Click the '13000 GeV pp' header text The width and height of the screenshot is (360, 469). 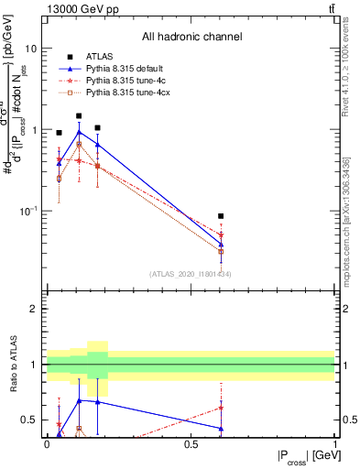tap(78, 9)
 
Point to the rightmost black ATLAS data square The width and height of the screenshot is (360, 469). tap(221, 216)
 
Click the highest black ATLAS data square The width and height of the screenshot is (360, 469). tap(79, 116)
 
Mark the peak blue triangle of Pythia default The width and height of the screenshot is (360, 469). tap(79, 132)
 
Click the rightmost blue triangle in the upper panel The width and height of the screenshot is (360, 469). tap(221, 244)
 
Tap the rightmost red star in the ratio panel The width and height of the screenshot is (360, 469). tap(221, 408)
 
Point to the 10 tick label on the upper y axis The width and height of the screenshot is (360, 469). tap(30, 48)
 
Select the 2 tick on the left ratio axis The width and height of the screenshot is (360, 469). tap(35, 309)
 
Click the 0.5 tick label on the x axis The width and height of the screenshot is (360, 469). tap(191, 443)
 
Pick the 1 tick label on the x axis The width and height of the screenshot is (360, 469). tap(334, 443)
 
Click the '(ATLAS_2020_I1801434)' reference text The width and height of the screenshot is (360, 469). tap(190, 274)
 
